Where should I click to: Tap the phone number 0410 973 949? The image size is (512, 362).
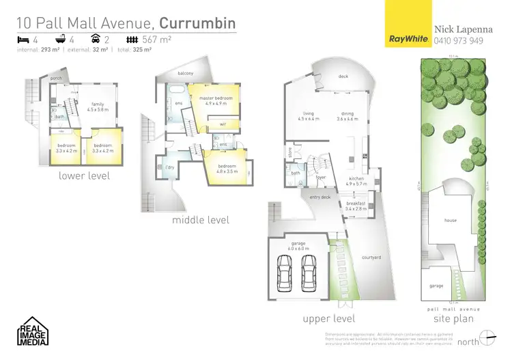point(459,40)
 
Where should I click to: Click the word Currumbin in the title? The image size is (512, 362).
point(197,24)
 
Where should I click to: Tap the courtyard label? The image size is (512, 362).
point(371,257)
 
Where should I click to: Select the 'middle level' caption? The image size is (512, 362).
point(201,220)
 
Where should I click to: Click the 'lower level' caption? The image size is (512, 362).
point(85,176)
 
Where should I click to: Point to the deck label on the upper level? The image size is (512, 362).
point(343,76)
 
